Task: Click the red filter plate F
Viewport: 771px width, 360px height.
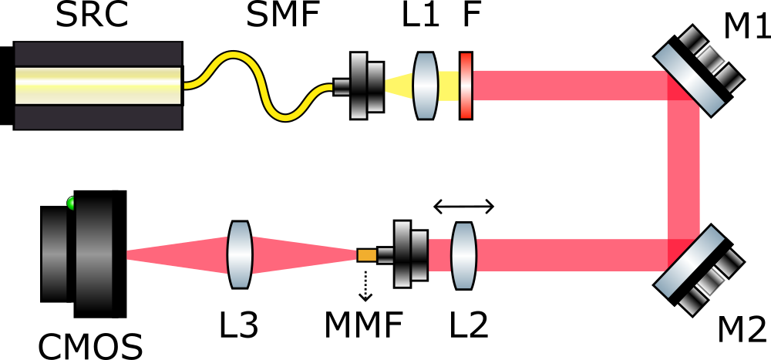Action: pyautogui.click(x=465, y=85)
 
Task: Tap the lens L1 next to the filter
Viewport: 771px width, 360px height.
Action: pyautogui.click(x=426, y=85)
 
